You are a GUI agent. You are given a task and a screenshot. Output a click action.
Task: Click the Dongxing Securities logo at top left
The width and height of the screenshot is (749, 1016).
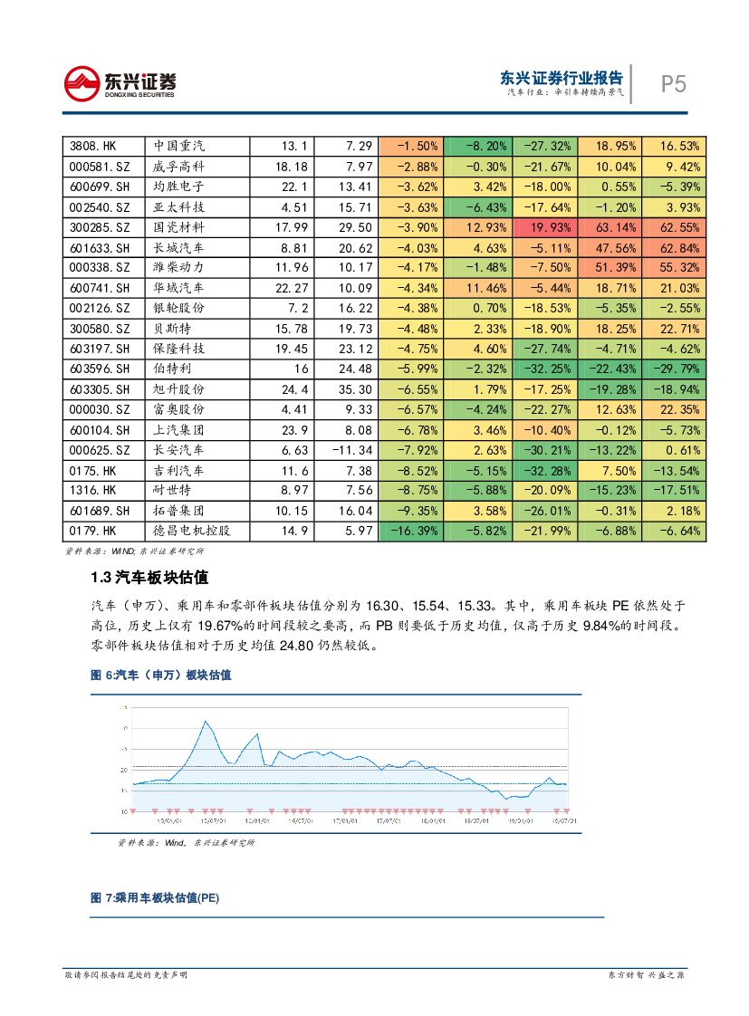tap(120, 83)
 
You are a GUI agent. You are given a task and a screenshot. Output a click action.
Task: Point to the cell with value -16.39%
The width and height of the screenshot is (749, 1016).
tap(412, 531)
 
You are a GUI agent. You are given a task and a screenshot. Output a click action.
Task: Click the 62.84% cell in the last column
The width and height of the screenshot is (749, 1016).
tap(674, 247)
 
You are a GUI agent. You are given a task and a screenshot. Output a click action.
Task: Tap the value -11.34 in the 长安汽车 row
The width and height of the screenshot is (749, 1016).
tap(345, 450)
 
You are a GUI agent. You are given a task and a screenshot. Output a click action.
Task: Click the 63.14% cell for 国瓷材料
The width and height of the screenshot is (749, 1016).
tap(610, 226)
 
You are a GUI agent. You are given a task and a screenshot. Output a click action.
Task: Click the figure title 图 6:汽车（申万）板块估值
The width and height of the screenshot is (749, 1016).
tap(160, 676)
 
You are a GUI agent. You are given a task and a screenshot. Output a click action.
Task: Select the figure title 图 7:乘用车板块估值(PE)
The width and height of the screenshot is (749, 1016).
tap(155, 898)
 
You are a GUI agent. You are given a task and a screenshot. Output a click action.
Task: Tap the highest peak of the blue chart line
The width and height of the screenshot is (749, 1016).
tap(206, 722)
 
